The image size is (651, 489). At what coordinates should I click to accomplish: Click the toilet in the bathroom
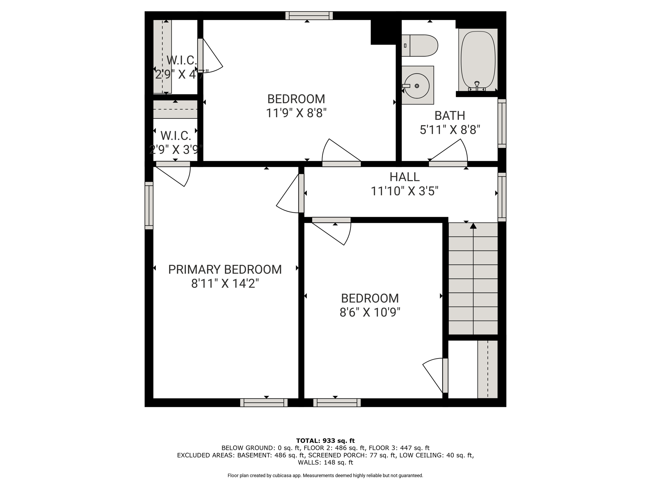click(420, 46)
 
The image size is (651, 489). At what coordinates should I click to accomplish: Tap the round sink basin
click(417, 86)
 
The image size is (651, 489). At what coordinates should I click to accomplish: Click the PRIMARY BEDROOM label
click(225, 269)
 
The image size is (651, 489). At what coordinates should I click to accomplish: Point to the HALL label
click(405, 177)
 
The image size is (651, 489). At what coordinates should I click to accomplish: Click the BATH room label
click(450, 116)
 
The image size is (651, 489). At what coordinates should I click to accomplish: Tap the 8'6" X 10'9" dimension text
click(370, 312)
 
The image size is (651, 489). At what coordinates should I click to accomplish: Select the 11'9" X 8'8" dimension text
click(296, 113)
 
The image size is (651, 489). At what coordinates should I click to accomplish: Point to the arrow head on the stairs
click(473, 226)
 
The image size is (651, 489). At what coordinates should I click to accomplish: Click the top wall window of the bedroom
click(309, 16)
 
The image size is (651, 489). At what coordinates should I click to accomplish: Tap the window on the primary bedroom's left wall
click(149, 206)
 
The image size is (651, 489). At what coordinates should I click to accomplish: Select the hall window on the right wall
click(502, 197)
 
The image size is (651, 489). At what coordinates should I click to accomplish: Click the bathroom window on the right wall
click(502, 124)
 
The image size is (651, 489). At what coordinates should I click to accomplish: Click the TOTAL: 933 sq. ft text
click(325, 441)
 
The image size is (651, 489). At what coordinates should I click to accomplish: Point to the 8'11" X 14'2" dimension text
click(225, 283)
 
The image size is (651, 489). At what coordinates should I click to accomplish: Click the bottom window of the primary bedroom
click(264, 403)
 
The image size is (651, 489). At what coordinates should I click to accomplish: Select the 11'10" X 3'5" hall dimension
click(405, 191)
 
